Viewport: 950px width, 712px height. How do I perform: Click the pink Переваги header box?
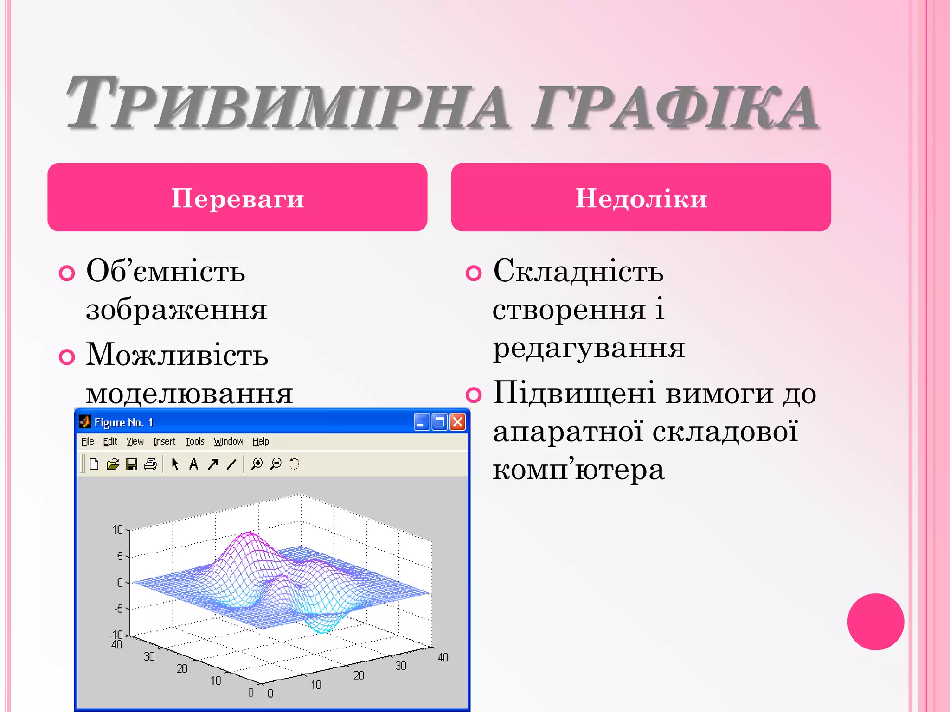237,197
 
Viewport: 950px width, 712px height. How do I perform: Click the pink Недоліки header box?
641,197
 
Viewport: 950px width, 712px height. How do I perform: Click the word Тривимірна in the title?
288,104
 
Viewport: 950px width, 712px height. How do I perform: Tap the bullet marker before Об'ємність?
67,273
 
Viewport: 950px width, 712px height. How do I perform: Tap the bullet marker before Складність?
474,273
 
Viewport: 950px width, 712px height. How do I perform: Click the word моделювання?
189,393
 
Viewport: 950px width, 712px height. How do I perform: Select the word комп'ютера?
578,469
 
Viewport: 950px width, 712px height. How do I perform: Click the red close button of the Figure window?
458,422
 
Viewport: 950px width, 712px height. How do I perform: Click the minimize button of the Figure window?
421,422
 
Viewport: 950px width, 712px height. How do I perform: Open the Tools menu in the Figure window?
194,441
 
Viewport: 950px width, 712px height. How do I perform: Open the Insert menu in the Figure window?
164,441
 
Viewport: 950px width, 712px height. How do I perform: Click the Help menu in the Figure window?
261,441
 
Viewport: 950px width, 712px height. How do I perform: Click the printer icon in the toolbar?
150,464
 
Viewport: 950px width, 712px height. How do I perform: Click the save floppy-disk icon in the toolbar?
132,464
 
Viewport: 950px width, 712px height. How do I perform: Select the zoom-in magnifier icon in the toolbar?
257,464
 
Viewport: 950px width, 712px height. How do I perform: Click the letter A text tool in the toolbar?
193,464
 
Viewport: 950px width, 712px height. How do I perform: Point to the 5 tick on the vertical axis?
120,556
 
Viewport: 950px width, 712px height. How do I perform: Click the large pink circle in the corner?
875,622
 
